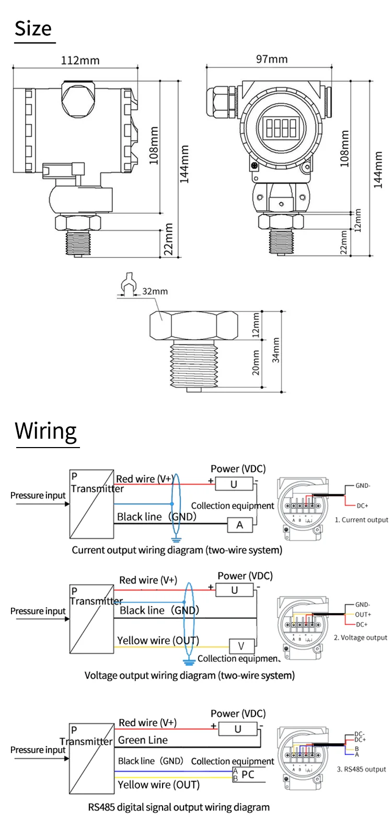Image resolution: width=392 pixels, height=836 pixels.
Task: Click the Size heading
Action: coord(33,29)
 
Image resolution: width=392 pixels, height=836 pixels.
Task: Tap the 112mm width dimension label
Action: coord(80,60)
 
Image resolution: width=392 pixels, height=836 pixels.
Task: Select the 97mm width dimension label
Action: coord(272,59)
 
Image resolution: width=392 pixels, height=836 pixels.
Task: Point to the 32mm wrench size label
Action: coord(155,292)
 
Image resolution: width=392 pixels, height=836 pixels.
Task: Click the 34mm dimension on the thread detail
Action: coord(275,350)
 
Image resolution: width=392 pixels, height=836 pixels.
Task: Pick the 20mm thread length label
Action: coord(256,363)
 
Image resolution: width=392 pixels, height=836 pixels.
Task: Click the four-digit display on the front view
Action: coord(281,127)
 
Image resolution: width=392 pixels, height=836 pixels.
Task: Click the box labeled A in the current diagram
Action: coord(240,525)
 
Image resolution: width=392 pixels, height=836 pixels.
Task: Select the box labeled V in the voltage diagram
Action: coord(241,646)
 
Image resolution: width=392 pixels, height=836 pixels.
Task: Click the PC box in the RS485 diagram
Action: coord(248,774)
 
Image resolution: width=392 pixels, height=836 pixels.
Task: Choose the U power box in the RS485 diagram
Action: coord(238,729)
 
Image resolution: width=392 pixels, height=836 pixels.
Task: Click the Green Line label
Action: coord(143,740)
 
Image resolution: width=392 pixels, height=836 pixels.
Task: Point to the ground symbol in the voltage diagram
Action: coord(189,662)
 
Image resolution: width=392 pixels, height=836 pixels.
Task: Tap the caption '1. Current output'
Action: coord(361,520)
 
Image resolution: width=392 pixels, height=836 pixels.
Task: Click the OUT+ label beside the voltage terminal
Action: coord(363,615)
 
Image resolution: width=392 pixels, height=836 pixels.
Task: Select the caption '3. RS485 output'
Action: coord(361,769)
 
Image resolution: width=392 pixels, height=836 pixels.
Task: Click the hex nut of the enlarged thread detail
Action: coord(193,326)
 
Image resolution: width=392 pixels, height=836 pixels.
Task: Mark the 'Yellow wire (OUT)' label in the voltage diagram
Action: coord(158,640)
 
